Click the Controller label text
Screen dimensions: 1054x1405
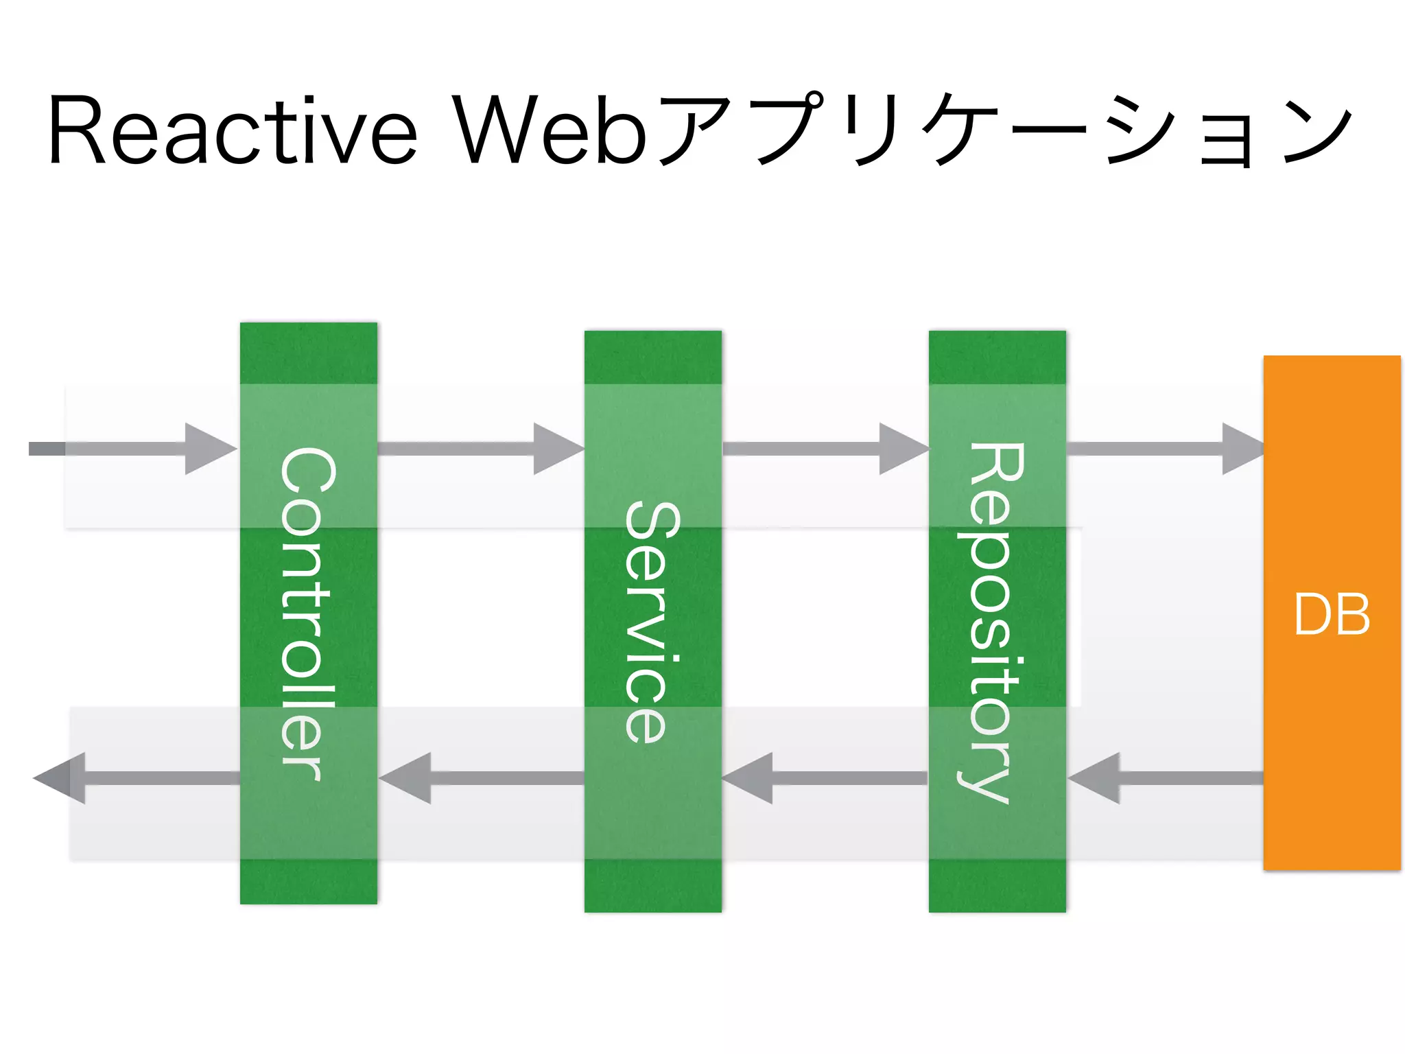tap(308, 614)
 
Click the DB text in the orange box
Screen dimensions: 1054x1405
tap(1332, 614)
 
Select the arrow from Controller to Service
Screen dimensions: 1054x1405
tap(480, 449)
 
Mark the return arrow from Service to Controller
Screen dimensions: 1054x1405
tap(480, 778)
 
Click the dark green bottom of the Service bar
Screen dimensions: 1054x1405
tap(652, 886)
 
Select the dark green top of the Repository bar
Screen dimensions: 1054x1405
tap(997, 357)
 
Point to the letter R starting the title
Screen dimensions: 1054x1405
tap(76, 130)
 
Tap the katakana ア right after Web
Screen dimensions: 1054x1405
tap(693, 130)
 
